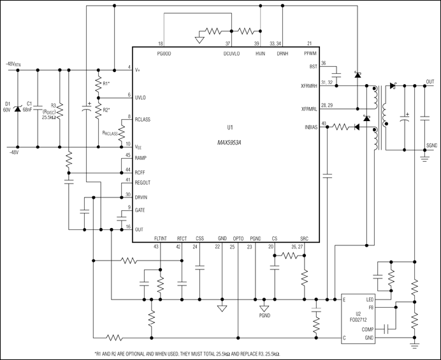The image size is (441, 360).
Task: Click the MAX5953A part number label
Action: (x=229, y=143)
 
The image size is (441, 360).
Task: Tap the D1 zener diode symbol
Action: (x=18, y=108)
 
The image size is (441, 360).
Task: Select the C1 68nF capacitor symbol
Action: (x=38, y=108)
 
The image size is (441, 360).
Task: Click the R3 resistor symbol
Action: (x=60, y=111)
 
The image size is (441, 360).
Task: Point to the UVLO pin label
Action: (x=140, y=98)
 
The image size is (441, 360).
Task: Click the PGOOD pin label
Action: (x=164, y=54)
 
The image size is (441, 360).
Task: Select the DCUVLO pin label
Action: (x=231, y=54)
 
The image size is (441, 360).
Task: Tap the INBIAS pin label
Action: (x=311, y=127)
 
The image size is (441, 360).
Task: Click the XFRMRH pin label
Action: (x=309, y=86)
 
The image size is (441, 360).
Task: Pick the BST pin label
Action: (x=314, y=67)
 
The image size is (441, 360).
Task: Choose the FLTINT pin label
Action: (x=161, y=238)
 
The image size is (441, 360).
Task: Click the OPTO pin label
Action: (x=238, y=238)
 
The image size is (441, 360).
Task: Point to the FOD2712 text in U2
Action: (x=358, y=320)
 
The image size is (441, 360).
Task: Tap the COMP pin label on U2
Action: (x=368, y=329)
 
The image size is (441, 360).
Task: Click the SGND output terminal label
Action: (x=431, y=145)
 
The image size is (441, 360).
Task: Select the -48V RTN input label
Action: (x=13, y=64)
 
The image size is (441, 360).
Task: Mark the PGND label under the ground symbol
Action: (x=264, y=315)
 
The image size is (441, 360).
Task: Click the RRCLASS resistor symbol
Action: (x=122, y=134)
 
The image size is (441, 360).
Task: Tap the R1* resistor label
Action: (x=106, y=83)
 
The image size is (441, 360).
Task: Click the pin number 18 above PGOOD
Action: (x=161, y=43)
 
